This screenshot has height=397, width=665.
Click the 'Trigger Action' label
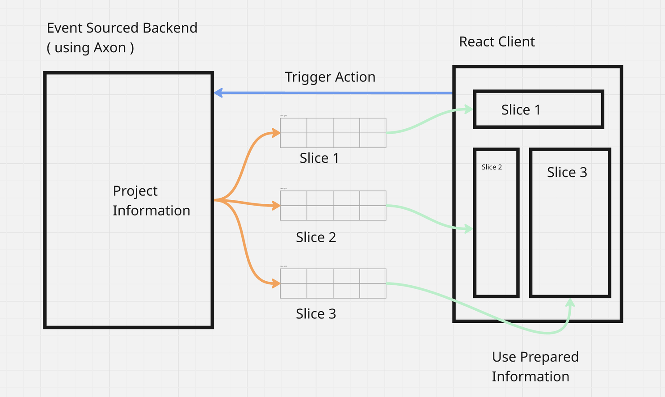tap(330, 77)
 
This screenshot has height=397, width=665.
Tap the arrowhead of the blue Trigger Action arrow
tap(218, 93)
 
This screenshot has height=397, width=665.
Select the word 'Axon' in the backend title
tap(109, 47)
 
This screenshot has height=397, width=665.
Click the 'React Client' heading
tap(497, 42)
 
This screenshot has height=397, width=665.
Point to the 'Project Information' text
tap(151, 201)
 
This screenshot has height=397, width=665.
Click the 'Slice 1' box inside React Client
tap(539, 110)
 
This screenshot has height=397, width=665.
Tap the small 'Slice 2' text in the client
tap(492, 167)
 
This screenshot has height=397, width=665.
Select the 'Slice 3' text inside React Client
tap(567, 173)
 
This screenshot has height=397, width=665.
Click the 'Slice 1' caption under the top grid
tap(319, 158)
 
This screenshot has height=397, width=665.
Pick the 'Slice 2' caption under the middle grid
tap(316, 237)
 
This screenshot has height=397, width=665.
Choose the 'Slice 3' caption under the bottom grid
tap(316, 314)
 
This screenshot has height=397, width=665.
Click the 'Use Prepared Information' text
tap(535, 367)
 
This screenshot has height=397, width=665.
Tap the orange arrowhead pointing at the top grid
tap(276, 133)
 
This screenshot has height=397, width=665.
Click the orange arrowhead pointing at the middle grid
tap(276, 206)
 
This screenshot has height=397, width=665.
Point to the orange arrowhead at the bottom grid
tap(276, 283)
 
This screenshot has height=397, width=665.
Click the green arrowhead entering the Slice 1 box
tap(469, 109)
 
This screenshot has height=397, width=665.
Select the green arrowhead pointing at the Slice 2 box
tap(469, 229)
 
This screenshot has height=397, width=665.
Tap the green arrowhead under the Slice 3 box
tap(570, 303)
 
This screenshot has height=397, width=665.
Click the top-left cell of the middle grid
tap(294, 198)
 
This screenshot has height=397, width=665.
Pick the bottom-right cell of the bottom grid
tap(373, 291)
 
